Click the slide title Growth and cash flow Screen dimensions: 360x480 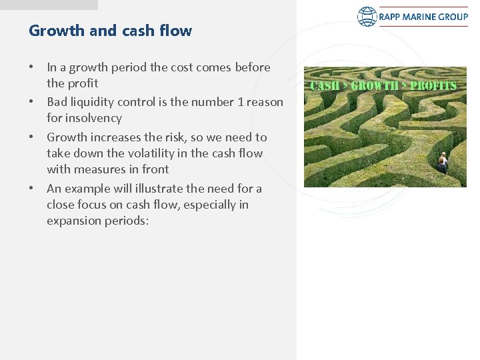point(110,31)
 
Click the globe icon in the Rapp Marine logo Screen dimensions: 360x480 point(367,17)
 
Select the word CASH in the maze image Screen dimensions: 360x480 point(325,86)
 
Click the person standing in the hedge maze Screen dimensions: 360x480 point(442,161)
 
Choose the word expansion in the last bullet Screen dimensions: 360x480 point(73,221)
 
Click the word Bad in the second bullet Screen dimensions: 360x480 point(57,102)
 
